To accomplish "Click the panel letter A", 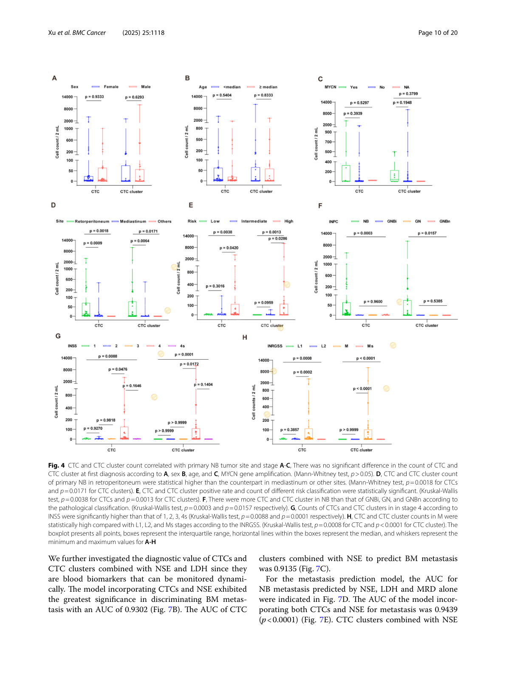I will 54,78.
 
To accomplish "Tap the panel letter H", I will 245,337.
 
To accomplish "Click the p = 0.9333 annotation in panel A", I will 94,97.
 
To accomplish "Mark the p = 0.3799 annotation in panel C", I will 408,94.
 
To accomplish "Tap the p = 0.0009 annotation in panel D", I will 93,243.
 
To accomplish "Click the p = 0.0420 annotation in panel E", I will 229,248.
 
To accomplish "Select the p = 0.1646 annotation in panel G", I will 132,386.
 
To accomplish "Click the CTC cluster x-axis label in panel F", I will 427,326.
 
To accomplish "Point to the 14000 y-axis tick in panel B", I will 197,96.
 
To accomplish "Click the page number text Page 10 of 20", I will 438,33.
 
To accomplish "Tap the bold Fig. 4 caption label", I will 57,465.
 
